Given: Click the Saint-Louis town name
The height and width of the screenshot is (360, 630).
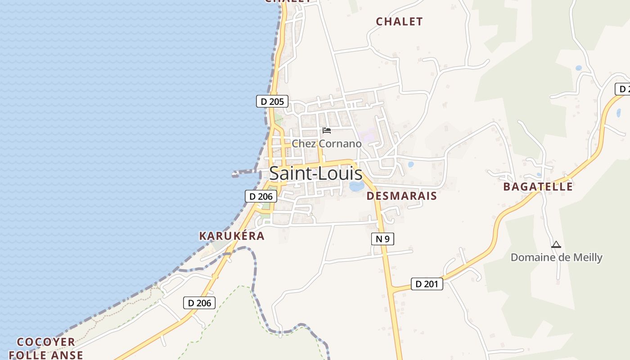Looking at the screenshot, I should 315,174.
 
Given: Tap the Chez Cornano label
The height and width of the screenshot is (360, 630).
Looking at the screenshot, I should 326,144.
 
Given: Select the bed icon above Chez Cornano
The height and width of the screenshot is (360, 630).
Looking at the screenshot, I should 327,130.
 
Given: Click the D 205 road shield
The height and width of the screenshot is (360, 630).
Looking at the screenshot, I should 272,101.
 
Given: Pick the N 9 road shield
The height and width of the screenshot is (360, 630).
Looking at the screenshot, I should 382,239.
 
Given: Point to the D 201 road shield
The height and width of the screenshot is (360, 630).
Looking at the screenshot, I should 427,284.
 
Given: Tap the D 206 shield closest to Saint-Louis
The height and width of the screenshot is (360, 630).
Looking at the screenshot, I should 261,196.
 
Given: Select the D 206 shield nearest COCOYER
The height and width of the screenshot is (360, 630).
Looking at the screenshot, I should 199,303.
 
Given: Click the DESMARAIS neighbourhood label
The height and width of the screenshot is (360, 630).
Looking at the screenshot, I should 401,196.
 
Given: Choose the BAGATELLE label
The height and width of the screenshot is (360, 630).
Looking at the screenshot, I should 538,186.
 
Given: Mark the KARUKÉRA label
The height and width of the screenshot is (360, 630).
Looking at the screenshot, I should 232,236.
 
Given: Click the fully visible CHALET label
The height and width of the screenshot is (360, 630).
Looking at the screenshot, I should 399,22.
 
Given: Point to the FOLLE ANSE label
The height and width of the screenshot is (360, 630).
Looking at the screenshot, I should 46,355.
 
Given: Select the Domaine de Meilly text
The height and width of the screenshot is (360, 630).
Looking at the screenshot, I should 556,257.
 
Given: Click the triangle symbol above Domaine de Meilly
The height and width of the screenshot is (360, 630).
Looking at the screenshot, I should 556,245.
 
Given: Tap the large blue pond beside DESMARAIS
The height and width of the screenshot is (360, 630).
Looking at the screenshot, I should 356,186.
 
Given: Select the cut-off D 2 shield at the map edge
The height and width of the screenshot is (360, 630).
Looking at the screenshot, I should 623,89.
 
